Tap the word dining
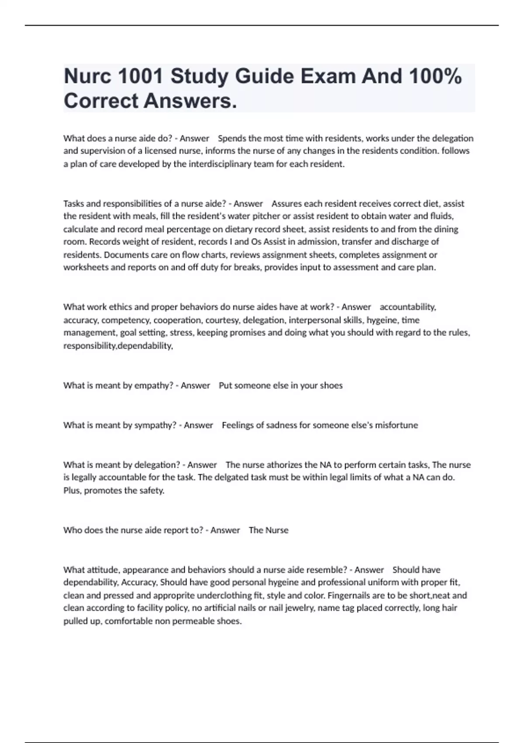(446, 229)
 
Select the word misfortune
(396, 425)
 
